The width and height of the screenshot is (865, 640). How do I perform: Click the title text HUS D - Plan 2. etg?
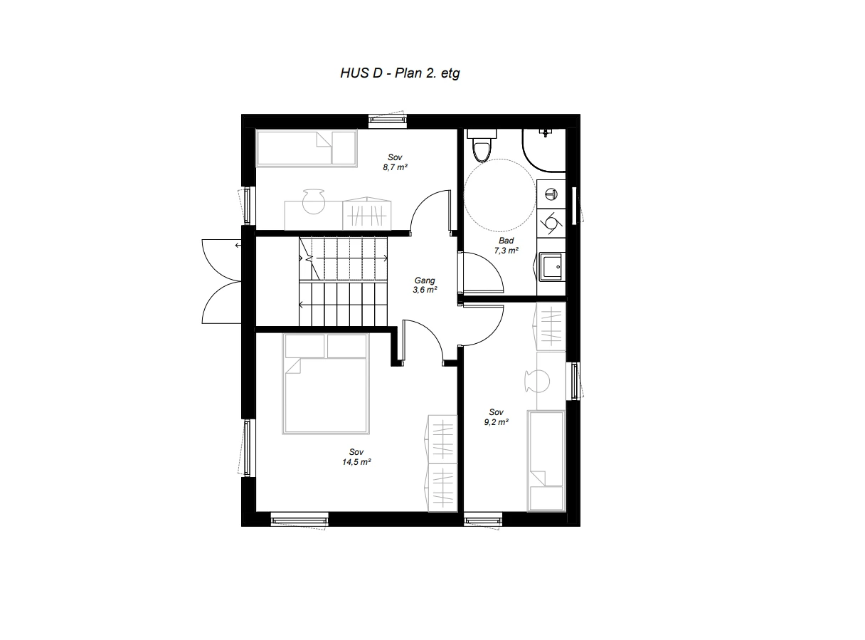400,73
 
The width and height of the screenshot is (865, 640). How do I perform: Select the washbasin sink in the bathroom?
552,268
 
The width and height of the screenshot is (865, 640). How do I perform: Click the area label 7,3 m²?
506,251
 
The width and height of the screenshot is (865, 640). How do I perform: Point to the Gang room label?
424,280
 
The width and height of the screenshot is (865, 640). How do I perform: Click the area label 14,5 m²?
356,461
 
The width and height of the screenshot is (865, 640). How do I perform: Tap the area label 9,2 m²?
496,421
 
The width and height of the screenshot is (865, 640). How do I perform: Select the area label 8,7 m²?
395,167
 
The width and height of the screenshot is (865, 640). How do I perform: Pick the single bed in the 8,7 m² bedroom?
306,148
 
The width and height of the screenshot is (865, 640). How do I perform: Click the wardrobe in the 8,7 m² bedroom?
367,213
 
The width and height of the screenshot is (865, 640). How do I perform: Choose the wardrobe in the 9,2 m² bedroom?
551,327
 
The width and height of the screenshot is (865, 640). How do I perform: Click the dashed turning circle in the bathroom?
499,194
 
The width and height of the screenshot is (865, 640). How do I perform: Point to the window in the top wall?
388,121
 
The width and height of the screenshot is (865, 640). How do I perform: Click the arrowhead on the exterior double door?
237,246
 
